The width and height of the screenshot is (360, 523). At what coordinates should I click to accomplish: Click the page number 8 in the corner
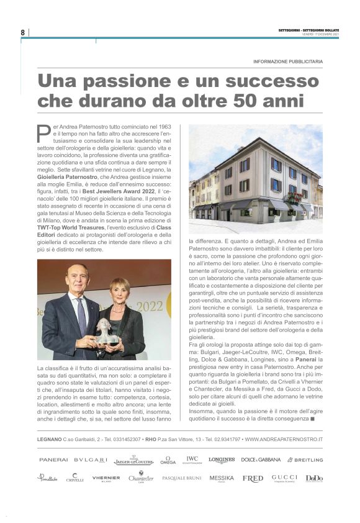pyautogui.click(x=22, y=32)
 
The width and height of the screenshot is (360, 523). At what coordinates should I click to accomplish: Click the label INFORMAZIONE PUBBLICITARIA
pyautogui.click(x=288, y=61)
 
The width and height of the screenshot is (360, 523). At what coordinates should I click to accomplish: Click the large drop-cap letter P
pyautogui.click(x=43, y=133)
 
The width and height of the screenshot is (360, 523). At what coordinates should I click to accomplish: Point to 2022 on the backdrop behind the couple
pyautogui.click(x=150, y=306)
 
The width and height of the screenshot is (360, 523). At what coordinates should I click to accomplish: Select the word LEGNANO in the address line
pyautogui.click(x=49, y=440)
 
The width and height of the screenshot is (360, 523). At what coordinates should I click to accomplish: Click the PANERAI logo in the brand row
pyautogui.click(x=53, y=460)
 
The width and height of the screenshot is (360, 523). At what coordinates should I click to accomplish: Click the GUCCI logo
pyautogui.click(x=284, y=478)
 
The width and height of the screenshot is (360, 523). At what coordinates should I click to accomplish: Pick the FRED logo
pyautogui.click(x=253, y=478)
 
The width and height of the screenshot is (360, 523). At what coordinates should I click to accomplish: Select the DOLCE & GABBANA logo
pyautogui.click(x=260, y=460)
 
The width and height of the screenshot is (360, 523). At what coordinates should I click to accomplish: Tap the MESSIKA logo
pyautogui.click(x=222, y=478)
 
